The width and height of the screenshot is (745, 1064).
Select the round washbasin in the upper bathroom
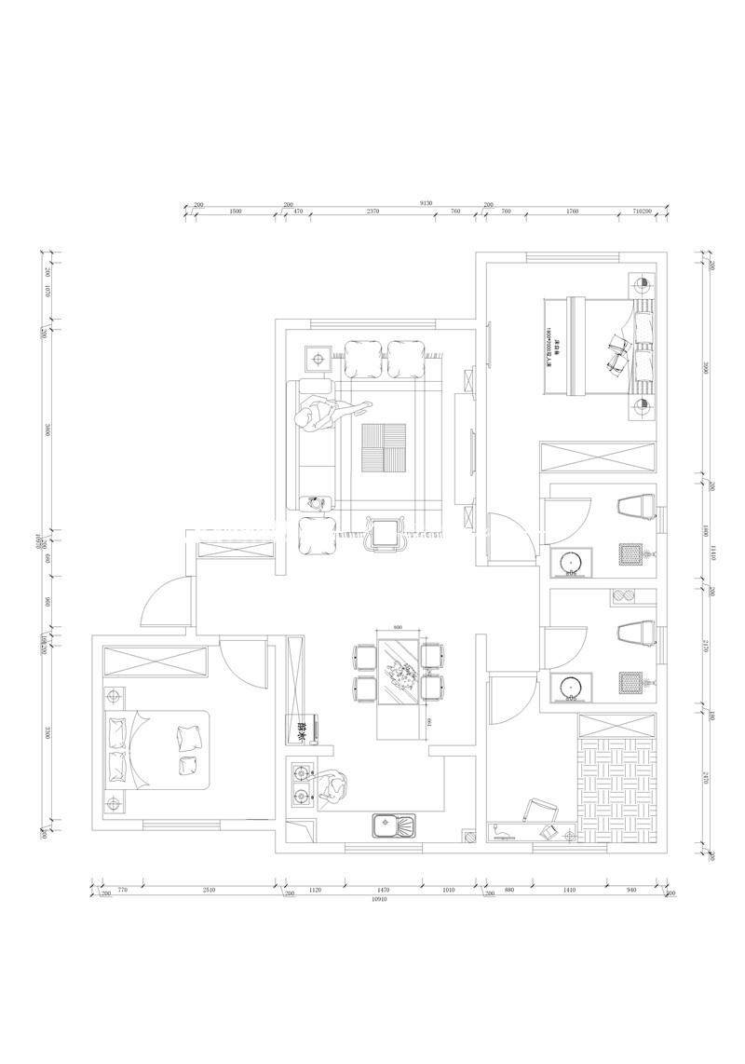567,563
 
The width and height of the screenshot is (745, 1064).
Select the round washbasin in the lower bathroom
567,688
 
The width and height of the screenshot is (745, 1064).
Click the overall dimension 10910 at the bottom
379,900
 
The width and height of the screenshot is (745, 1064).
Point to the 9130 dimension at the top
427,202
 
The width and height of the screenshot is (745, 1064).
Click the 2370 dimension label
372,211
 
